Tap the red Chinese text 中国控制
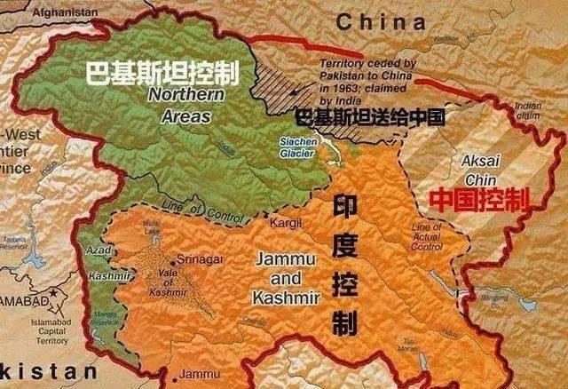(479, 199)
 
